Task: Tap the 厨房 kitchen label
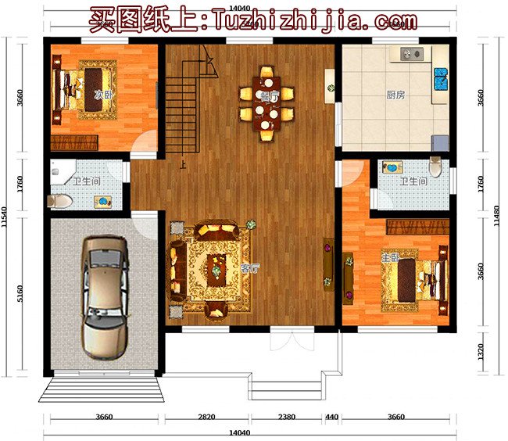pos(395,96)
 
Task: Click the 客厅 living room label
pos(250,268)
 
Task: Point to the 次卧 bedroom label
pos(99,95)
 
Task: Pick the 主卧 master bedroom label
pos(388,256)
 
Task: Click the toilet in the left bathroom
pos(59,201)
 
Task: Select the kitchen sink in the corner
pos(442,78)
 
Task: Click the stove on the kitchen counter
pos(410,54)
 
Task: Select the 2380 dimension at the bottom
pos(287,417)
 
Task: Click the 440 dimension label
pos(331,417)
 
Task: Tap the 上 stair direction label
pos(183,165)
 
